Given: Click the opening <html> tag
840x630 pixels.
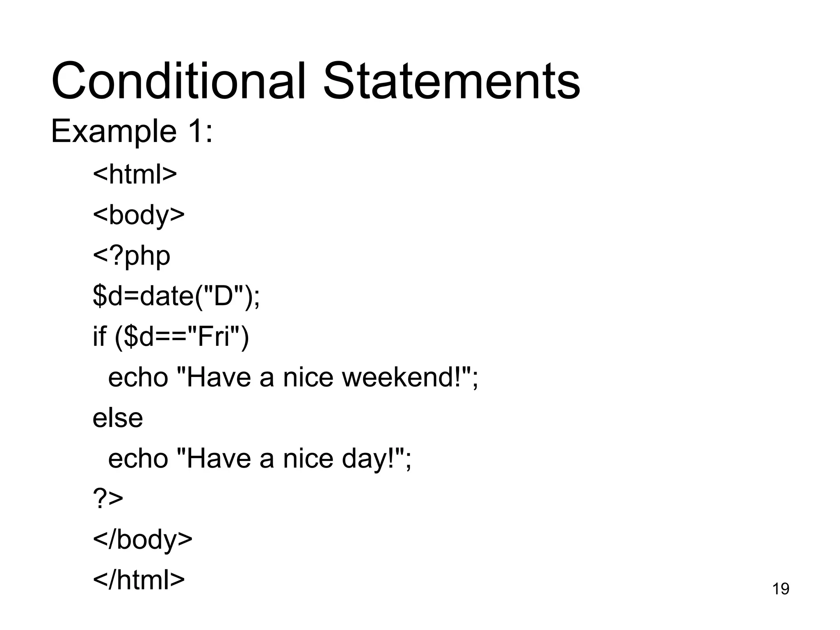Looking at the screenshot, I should point(135,174).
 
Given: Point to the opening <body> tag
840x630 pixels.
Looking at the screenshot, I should point(139,215).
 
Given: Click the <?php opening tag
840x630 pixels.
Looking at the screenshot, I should point(131,256).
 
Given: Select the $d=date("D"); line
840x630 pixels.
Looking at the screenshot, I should point(176,296).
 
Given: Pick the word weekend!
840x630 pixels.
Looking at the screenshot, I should point(406,377).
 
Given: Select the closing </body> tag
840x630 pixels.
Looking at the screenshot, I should point(142,539).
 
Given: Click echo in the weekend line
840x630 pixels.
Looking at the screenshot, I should point(138,377).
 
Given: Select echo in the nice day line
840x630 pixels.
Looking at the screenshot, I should point(138,458).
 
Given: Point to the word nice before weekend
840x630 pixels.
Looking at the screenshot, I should point(308,377).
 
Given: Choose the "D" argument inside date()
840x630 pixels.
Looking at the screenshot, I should point(223,296).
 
